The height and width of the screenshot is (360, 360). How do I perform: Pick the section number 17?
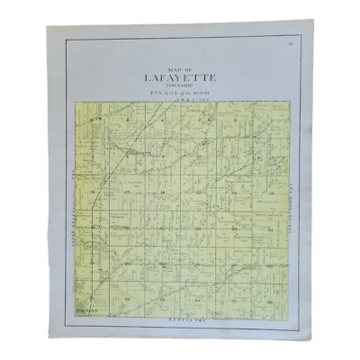(x=127, y=192)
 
